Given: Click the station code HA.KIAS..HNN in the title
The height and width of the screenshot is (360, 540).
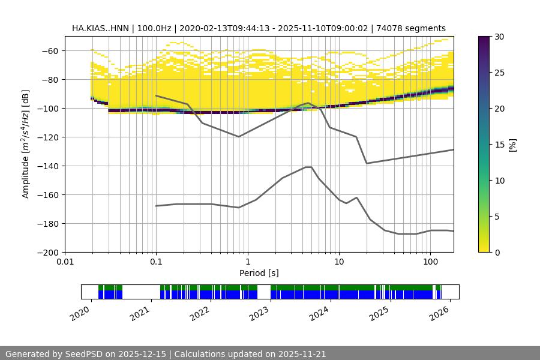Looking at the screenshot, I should pyautogui.click(x=100, y=28).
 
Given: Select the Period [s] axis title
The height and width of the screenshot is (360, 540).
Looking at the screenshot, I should pyautogui.click(x=259, y=273).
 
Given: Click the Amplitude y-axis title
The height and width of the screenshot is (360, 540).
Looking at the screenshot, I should pyautogui.click(x=26, y=144).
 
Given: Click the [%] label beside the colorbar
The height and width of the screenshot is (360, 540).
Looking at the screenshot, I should pyautogui.click(x=512, y=145).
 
